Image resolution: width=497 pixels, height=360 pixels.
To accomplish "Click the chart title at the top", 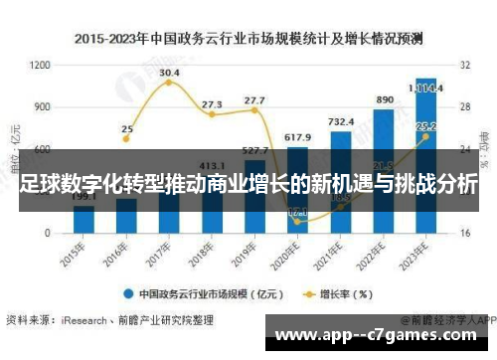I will pos(248,40).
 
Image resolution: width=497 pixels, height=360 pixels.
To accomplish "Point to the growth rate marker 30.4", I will pos(169,83).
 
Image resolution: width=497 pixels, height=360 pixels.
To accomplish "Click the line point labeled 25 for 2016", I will pos(126,141).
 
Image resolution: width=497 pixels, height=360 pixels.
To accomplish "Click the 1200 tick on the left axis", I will pos(40,65).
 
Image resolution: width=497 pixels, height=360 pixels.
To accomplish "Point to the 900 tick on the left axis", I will pos(43,106).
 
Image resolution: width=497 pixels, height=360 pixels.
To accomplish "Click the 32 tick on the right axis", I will pos(463,65).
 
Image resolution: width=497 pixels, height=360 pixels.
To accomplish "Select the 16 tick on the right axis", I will pos(463,233).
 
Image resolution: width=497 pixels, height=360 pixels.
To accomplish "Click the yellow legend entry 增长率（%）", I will pos(338,293).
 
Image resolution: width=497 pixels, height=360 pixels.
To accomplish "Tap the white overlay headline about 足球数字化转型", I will pos(248,186).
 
